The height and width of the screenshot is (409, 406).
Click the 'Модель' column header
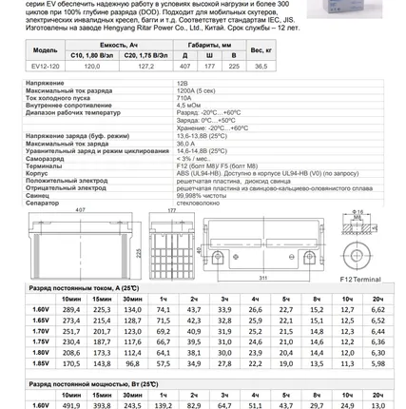(x=45, y=49)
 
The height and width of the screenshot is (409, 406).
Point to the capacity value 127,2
(x=145, y=67)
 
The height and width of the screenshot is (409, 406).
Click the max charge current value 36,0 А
(x=187, y=144)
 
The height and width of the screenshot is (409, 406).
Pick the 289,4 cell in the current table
(x=71, y=309)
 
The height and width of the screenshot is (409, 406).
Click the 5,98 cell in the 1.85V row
(x=378, y=363)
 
